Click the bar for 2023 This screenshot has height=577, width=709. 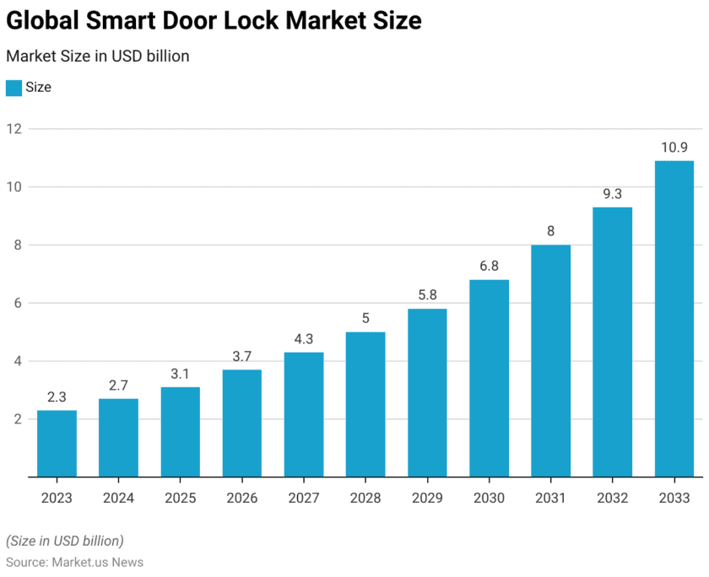pos(57,443)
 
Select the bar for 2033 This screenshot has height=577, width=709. pos(674,319)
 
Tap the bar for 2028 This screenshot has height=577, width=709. pos(365,404)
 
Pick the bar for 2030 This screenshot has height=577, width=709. pos(489,378)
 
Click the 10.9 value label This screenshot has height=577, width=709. pos(674,148)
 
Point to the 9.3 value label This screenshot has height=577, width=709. pos(613,194)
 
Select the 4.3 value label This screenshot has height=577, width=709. pos(304,339)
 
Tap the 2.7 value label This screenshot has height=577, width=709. pos(118,386)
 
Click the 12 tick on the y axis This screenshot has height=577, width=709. pos(14,129)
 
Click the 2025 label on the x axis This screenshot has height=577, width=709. pos(180,499)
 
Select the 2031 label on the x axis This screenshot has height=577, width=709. pos(550,499)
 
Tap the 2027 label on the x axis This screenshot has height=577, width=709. pos(304,499)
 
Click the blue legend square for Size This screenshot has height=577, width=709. pos(14,88)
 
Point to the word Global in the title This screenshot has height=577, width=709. pos(41,20)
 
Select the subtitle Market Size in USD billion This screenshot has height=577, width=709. pos(97,57)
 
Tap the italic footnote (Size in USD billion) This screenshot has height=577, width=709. pos(65,541)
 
